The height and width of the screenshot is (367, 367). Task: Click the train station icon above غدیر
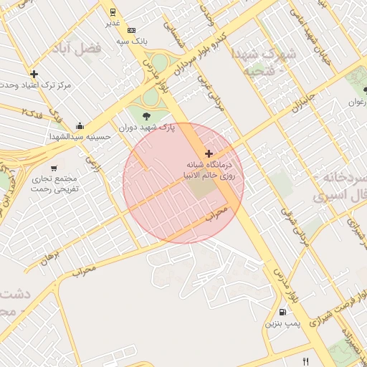point(113,11)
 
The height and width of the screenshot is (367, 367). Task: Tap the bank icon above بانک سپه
point(131,30)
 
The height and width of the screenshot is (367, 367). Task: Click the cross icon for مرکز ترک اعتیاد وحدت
point(34,74)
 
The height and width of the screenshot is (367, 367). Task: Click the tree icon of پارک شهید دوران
point(146,115)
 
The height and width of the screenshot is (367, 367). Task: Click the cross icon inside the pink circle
point(209,153)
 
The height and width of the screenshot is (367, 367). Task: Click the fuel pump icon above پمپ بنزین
point(282,312)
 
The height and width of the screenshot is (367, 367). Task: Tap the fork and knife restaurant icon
point(306,361)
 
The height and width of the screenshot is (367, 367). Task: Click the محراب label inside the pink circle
point(216,213)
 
